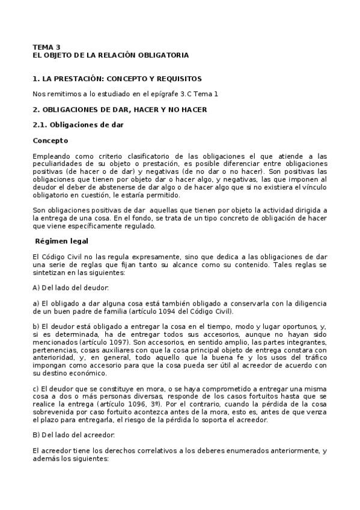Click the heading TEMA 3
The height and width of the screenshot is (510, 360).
(46, 47)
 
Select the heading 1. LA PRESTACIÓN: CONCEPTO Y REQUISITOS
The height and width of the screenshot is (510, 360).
(117, 79)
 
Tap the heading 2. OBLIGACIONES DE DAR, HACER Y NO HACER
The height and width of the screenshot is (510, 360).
(120, 109)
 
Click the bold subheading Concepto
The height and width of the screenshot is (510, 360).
(50, 140)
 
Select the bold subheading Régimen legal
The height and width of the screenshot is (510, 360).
(62, 241)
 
